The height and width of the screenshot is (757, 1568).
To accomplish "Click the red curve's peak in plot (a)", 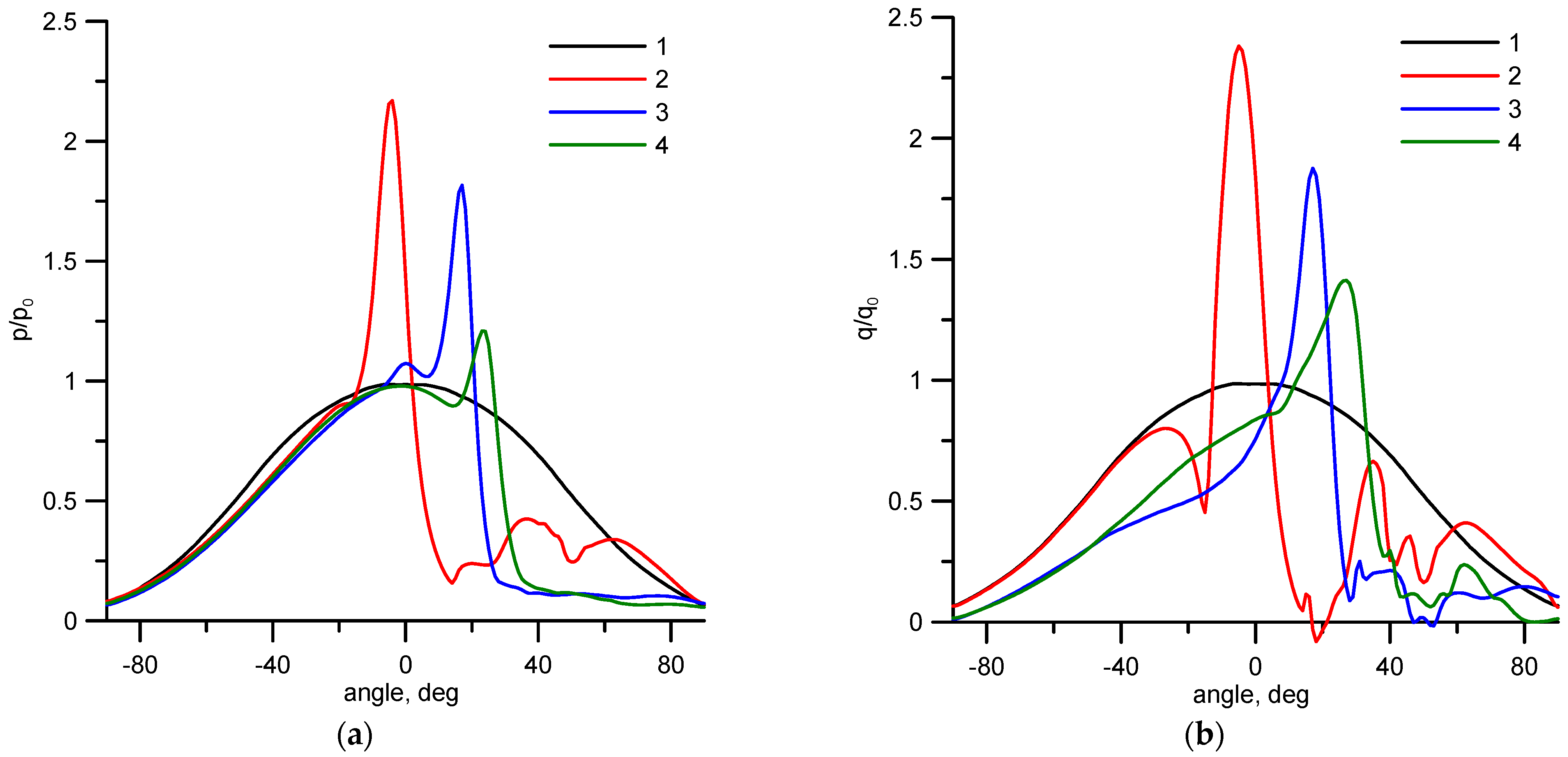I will coord(391,101).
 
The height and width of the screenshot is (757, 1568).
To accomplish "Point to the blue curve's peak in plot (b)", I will coord(1312,169).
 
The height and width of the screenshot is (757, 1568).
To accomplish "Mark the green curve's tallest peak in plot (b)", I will coord(1346,280).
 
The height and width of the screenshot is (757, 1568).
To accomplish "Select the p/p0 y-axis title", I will coord(23,319).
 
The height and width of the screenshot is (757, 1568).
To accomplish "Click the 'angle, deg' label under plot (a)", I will coord(401,692).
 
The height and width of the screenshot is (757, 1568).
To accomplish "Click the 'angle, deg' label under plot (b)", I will coord(1250,694).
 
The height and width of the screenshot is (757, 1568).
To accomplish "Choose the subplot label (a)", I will coord(354,735).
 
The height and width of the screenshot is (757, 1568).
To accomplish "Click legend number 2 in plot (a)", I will coord(662,79).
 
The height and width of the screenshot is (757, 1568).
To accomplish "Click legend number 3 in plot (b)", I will coord(1515,109).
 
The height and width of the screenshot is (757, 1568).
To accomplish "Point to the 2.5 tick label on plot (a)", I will coord(59,22).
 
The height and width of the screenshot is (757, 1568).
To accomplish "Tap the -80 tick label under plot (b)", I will coord(986,667).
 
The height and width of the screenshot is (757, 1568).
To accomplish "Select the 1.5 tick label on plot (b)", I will coord(905,260).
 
